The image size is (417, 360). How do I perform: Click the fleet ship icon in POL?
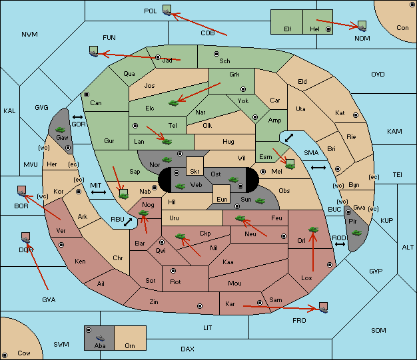(167, 10)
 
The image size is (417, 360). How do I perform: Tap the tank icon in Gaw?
(61, 130)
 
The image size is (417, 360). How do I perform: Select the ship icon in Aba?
(101, 338)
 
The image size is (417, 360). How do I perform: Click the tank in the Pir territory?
(356, 233)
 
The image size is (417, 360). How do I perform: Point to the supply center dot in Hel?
(328, 29)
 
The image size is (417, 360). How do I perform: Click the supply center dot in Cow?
(5, 355)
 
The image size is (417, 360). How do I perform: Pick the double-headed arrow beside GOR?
(77, 117)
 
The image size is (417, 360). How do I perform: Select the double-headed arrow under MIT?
(99, 192)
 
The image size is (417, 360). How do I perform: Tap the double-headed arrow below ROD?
(340, 244)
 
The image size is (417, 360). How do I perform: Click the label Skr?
(195, 172)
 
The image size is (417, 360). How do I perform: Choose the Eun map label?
(222, 199)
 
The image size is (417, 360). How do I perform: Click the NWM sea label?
(29, 35)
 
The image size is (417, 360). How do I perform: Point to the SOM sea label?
(378, 330)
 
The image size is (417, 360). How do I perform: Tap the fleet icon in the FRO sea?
(323, 307)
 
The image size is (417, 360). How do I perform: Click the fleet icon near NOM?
(362, 27)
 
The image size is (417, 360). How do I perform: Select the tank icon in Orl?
(313, 230)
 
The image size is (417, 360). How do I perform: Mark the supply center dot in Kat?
(356, 115)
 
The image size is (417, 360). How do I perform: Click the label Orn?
(130, 345)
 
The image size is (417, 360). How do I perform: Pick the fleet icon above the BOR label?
(21, 191)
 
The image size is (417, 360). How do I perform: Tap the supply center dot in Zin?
(200, 306)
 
